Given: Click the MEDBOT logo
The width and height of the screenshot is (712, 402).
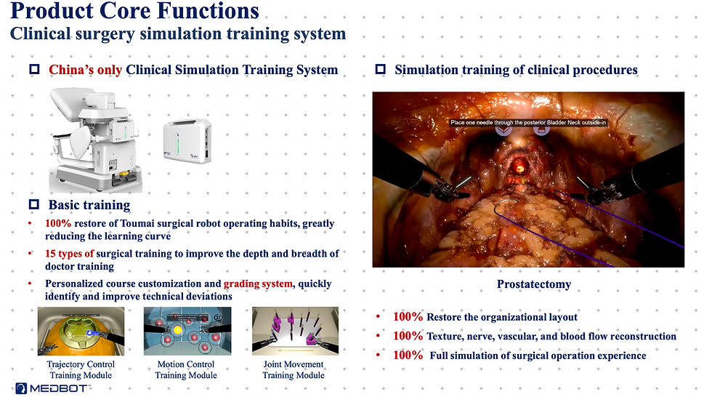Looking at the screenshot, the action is coord(52,388).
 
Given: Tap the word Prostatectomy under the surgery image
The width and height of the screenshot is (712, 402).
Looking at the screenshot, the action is coord(534,284).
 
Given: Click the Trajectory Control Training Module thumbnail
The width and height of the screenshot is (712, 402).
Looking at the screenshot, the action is coord(81,331).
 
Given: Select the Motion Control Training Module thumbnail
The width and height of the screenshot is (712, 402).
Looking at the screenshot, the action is coord(187,331).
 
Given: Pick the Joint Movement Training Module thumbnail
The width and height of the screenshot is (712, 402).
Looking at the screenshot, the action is coord(295,331).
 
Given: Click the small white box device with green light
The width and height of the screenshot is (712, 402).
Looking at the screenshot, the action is coord(187,141).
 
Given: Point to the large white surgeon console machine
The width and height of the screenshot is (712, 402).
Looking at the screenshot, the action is coord(96,140).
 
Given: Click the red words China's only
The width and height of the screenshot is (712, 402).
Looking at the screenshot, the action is coord(86,70).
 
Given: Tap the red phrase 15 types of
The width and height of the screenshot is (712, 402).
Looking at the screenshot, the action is coord(70,254).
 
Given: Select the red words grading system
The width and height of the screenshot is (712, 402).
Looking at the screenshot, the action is coord(258,284).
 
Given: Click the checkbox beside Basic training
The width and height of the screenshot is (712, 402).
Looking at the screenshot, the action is coord(34,204).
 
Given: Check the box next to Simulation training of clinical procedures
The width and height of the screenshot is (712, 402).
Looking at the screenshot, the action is coord(381,69).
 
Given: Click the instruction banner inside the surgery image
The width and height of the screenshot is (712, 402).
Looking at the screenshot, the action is coord(528,122).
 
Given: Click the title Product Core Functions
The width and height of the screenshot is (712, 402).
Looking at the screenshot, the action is coord(134,11).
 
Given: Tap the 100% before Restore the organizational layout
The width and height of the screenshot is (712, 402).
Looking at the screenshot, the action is coord(408,317).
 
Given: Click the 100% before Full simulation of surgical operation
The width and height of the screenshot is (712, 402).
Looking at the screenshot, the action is coord(408,355).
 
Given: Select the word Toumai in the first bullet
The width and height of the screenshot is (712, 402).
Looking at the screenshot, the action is coord(137,223).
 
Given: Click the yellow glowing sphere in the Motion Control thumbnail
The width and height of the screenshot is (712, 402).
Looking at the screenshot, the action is coord(177,330).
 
